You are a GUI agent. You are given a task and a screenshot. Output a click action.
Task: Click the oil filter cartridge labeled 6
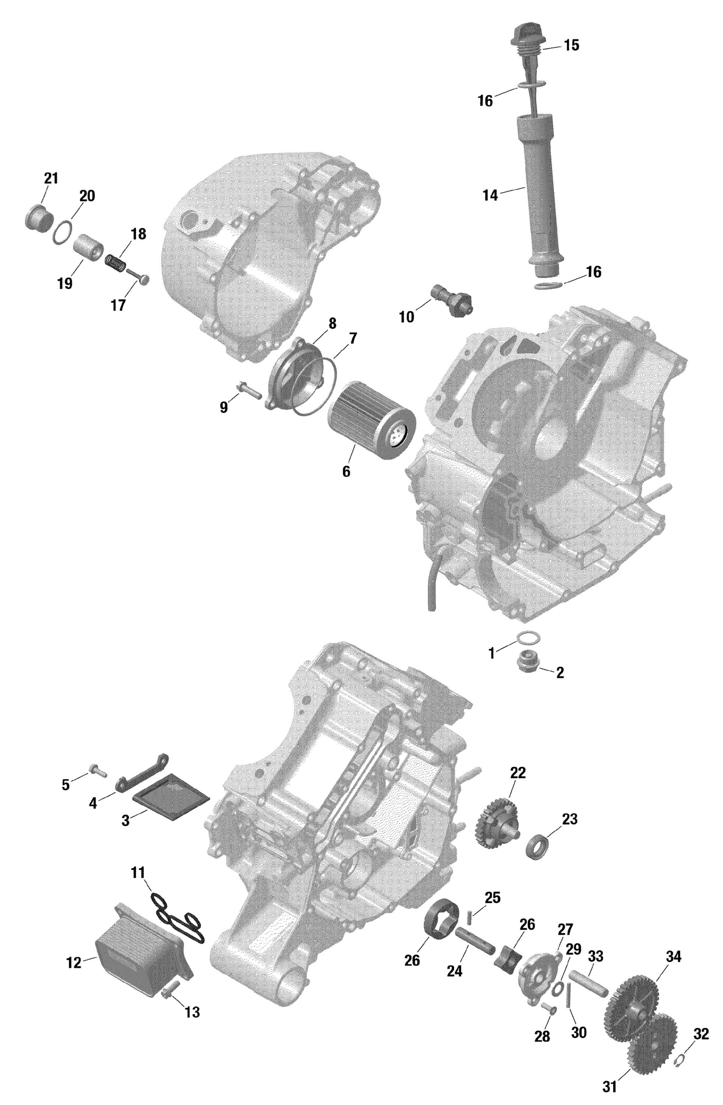pos(372,425)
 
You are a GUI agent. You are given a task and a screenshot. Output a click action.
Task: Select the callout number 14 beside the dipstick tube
pos(490,196)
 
